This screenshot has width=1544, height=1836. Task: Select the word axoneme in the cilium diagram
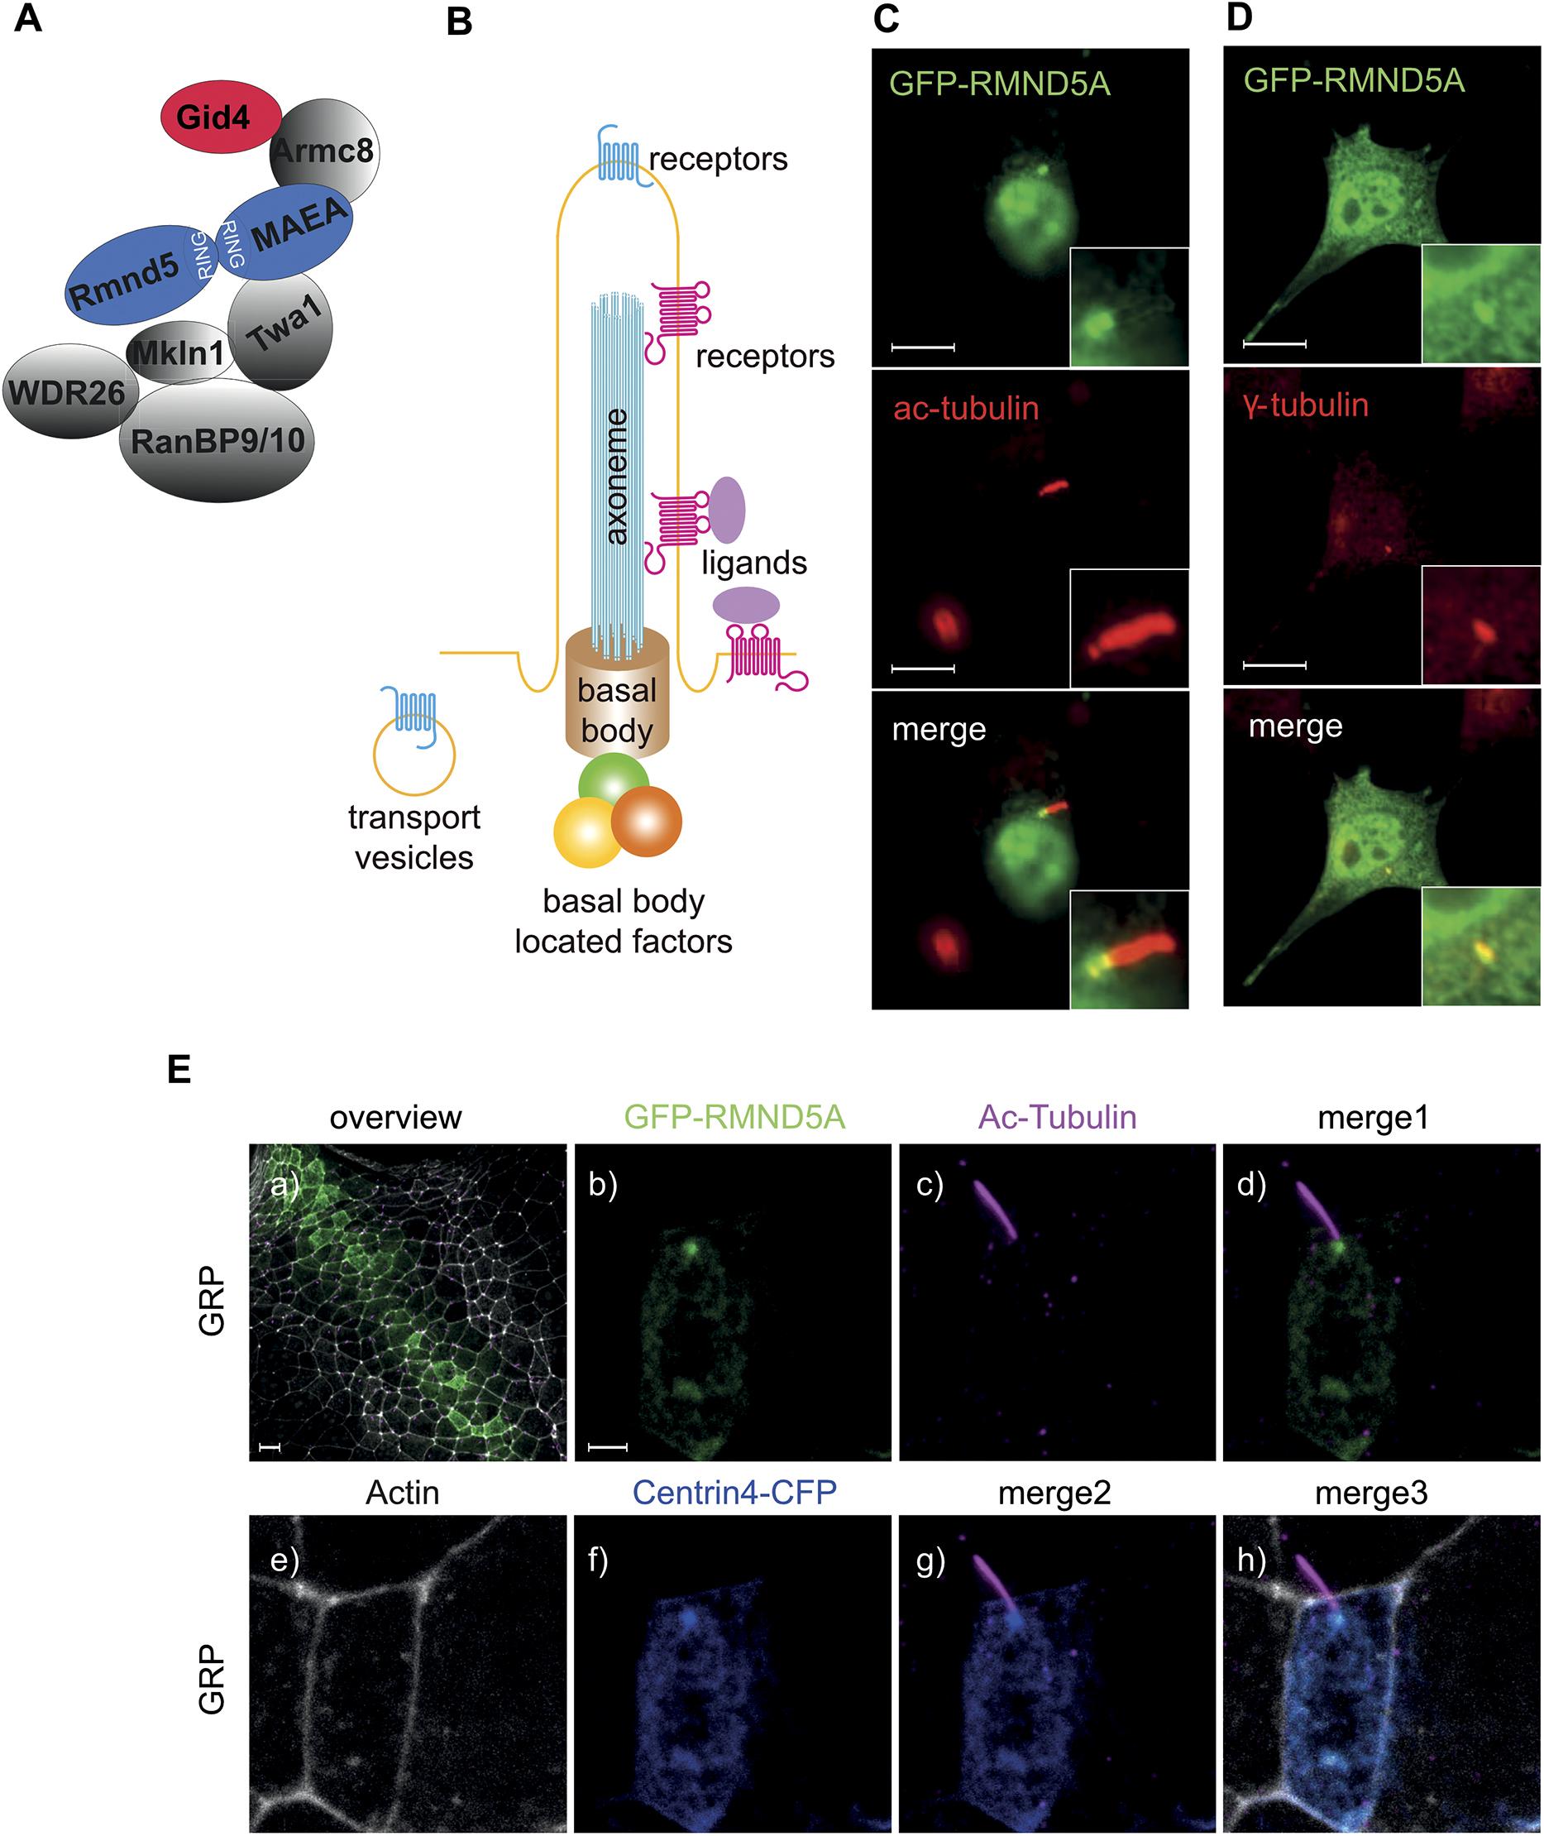click(617, 477)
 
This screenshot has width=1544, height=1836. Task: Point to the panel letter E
click(179, 1070)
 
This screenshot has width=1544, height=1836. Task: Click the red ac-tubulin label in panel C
click(966, 408)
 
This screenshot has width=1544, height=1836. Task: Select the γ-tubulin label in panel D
click(1306, 405)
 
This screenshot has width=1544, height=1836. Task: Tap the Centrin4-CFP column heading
click(734, 1492)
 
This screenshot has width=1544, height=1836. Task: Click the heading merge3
click(1370, 1493)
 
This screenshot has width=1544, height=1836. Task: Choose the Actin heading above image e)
click(403, 1492)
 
